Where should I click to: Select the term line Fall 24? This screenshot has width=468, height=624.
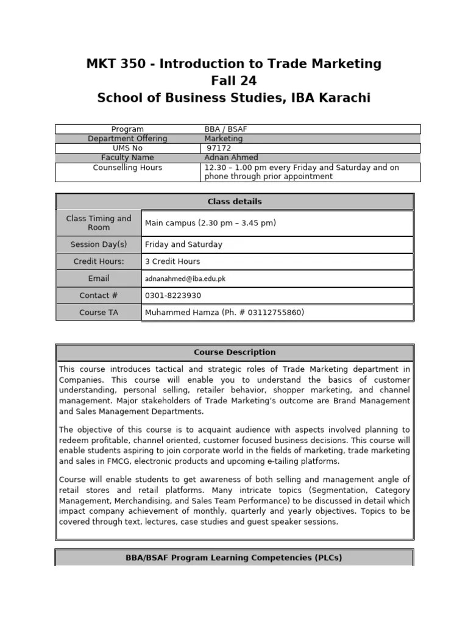coord(234,80)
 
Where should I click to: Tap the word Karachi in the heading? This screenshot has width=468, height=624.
coord(342,97)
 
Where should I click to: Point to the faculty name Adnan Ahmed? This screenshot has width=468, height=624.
coord(231,158)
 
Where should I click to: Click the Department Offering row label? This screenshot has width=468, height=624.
coord(127,139)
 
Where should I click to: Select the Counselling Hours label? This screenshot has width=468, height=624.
coord(127,168)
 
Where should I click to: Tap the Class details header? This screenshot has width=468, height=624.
coord(235,202)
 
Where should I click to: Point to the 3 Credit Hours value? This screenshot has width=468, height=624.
coord(172,261)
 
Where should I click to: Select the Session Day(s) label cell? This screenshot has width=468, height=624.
coord(99,244)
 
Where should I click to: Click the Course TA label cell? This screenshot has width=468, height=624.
coord(99,313)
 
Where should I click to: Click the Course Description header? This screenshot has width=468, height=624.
coord(235,352)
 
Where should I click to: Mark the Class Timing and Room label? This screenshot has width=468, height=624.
coord(99,223)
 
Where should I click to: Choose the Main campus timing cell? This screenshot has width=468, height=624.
coord(211,223)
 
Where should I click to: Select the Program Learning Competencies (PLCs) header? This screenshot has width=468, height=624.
coord(235,558)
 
